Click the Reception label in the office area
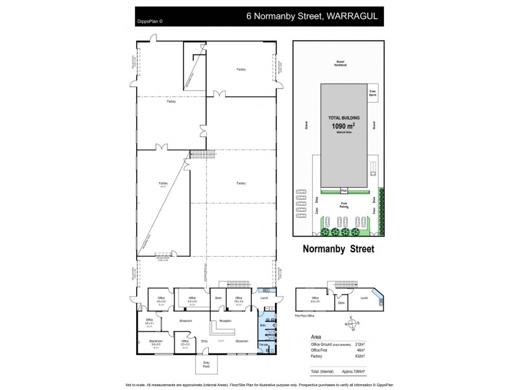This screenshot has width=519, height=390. click(x=226, y=321)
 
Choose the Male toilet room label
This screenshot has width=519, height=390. click(x=263, y=324)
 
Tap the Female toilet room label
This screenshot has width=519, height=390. click(x=263, y=344)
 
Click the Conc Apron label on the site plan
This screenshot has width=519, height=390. click(x=373, y=94)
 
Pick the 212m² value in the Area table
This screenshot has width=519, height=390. click(x=361, y=344)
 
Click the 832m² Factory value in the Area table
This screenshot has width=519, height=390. click(x=361, y=356)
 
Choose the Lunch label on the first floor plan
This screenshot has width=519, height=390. click(x=363, y=297)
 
